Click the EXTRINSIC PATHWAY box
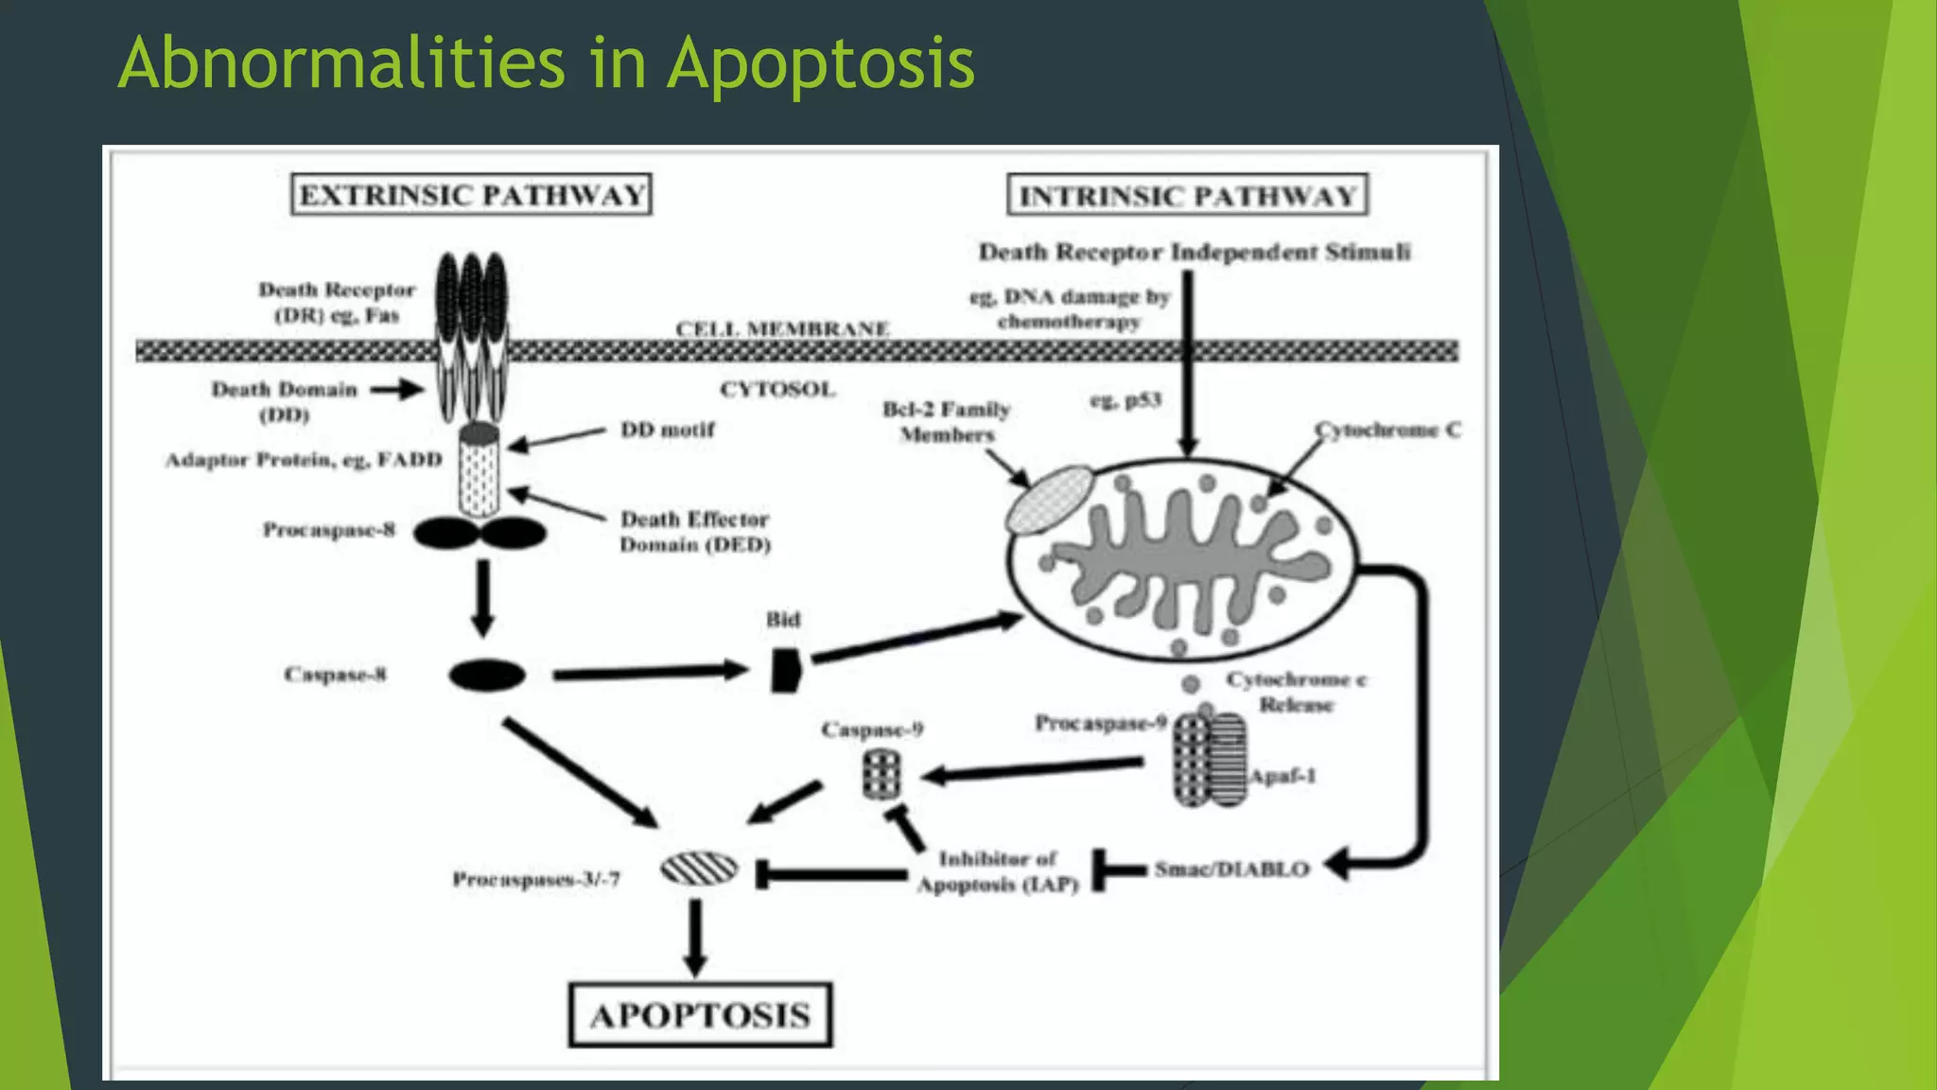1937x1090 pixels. tap(471, 195)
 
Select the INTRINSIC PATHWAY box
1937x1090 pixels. tap(1187, 196)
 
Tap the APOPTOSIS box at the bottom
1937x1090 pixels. tap(700, 1015)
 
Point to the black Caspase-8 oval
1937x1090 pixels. tap(486, 676)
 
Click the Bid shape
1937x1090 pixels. tap(785, 670)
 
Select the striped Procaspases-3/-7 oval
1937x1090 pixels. tap(699, 870)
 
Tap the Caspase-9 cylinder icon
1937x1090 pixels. tap(881, 775)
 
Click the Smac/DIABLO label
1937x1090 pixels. tap(1231, 869)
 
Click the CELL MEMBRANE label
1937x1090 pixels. tap(781, 328)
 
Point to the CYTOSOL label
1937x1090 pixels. tap(777, 389)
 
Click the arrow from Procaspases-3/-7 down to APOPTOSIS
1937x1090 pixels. tap(695, 937)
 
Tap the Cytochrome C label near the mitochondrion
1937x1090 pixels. tap(1387, 430)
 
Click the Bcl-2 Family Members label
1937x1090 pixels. tap(946, 422)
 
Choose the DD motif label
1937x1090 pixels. tap(667, 430)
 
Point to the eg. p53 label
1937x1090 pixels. tap(1125, 400)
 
